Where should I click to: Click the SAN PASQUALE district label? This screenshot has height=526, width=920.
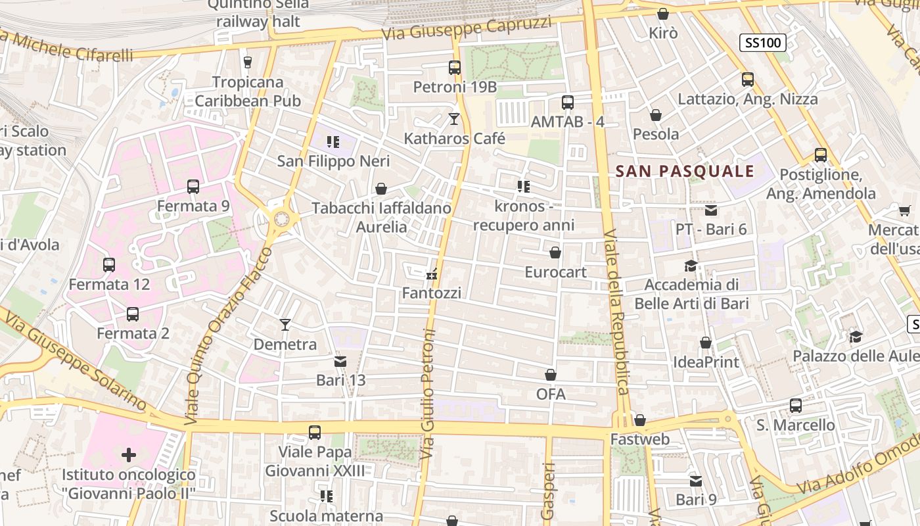click(685, 172)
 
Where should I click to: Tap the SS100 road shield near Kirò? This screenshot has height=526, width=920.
click(762, 43)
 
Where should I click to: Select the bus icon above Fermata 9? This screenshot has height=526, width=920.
click(193, 187)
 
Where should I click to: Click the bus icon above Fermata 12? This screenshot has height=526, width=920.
click(109, 265)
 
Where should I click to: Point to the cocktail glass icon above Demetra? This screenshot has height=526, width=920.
click(285, 324)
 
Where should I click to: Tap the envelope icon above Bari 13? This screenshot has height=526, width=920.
click(340, 361)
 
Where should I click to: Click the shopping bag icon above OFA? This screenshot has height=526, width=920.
click(551, 375)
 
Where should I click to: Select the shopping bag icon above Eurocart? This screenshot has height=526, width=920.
click(555, 252)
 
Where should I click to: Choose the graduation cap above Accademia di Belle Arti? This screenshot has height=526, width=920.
click(691, 266)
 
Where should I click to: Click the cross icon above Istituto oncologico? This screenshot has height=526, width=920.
click(129, 454)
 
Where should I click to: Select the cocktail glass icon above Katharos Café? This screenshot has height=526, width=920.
click(454, 119)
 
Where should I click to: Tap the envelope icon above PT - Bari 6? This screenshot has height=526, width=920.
click(711, 210)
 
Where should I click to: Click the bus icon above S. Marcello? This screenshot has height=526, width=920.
click(796, 406)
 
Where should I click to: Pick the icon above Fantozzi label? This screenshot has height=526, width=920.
click(432, 274)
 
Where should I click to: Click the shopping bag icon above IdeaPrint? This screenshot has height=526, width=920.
click(706, 343)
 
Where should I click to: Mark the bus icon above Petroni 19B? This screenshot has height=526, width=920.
click(455, 67)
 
